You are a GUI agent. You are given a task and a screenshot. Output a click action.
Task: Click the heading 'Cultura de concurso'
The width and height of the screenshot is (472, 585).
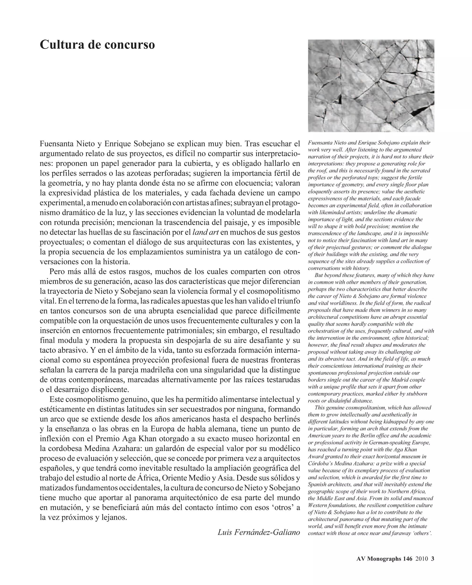(97, 45)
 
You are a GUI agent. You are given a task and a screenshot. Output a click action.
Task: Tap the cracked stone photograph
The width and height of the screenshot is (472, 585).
(371, 86)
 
